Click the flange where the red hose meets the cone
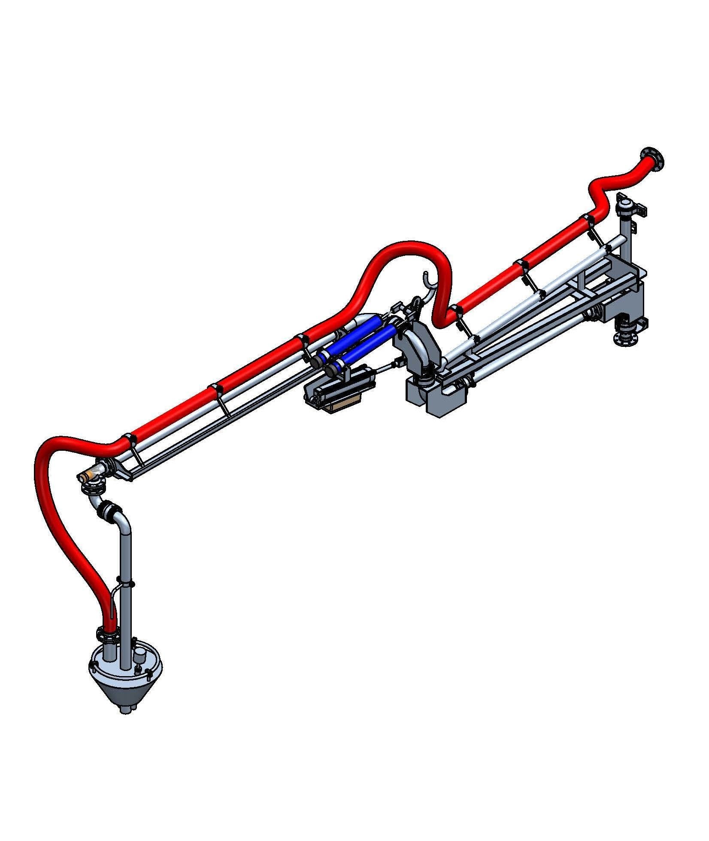(x=107, y=633)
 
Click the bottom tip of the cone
(x=125, y=709)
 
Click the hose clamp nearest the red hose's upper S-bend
(x=588, y=221)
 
